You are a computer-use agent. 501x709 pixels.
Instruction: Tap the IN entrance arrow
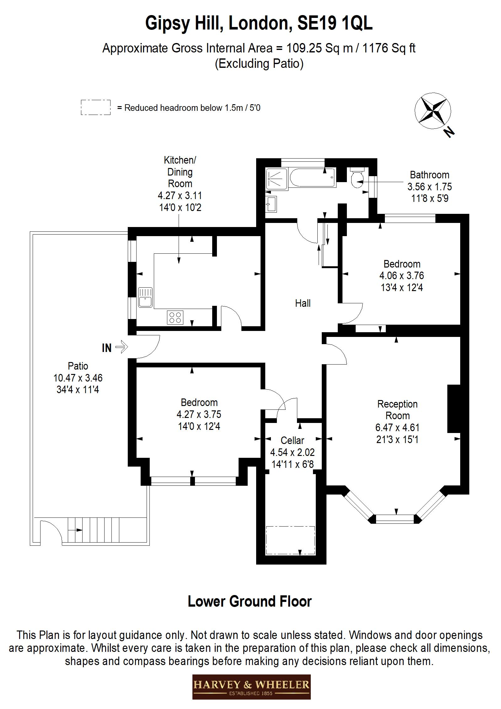point(121,347)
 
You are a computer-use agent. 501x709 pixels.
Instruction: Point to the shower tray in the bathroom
point(277,179)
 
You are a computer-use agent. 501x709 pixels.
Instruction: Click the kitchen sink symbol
point(145,298)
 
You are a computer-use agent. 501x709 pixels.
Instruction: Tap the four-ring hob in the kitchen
point(175,317)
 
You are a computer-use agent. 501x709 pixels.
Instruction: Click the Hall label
point(303,303)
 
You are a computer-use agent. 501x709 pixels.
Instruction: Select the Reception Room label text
point(397,410)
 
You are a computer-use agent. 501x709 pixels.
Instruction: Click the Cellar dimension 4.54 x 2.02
point(292,452)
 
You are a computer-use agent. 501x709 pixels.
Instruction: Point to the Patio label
point(78,366)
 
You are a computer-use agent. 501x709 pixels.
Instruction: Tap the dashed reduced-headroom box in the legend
point(95,107)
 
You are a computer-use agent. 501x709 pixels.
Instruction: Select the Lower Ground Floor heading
point(250,602)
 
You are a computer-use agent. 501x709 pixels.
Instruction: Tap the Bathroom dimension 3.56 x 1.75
point(429,187)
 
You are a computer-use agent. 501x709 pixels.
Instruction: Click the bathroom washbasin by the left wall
point(271,204)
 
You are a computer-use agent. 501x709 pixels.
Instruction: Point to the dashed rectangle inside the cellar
point(290,540)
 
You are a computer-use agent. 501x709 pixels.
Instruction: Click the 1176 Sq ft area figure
point(389,48)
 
